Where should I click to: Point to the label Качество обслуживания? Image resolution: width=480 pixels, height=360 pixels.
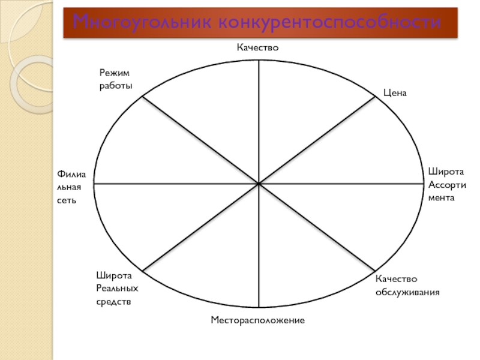tap(408, 286)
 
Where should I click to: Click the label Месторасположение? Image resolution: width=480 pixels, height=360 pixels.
tap(258, 321)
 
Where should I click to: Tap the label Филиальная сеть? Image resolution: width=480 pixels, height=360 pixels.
tap(72, 186)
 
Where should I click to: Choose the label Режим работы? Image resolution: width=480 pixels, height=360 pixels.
tap(114, 79)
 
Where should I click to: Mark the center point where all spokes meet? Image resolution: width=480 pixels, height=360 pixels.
tap(259, 184)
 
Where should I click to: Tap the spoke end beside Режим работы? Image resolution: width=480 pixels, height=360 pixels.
tap(142, 97)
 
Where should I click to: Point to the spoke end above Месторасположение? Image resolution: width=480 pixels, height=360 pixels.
tap(259, 308)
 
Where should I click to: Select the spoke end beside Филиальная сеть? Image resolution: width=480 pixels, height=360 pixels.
tap(93, 184)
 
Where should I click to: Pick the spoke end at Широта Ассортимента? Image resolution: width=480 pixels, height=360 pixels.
tap(424, 184)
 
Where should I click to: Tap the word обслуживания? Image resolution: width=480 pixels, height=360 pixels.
tap(408, 293)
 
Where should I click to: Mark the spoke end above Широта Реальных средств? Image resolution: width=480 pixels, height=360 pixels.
tap(142, 271)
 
